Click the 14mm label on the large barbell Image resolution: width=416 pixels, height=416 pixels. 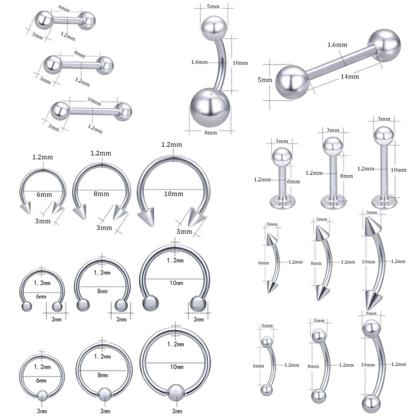[x=350, y=76]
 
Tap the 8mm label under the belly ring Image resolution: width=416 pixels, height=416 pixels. [x=210, y=133]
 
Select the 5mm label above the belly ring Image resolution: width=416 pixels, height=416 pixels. [x=213, y=6]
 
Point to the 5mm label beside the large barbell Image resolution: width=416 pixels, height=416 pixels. [x=265, y=80]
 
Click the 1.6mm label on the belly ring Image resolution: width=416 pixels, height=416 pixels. [x=199, y=62]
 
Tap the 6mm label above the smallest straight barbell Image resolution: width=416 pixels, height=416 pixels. [x=64, y=9]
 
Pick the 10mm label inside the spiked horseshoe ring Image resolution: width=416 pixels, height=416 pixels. [x=174, y=194]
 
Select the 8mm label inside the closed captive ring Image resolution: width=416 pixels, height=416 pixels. [x=102, y=375]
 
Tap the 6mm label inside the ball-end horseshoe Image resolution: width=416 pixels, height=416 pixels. [x=41, y=296]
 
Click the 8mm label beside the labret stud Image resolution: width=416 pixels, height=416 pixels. [x=347, y=176]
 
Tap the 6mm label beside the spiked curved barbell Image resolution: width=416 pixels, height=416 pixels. [x=263, y=263]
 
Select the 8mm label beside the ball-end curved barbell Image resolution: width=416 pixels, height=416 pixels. [x=313, y=366]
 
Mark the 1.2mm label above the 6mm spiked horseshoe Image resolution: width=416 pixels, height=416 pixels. [x=42, y=157]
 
